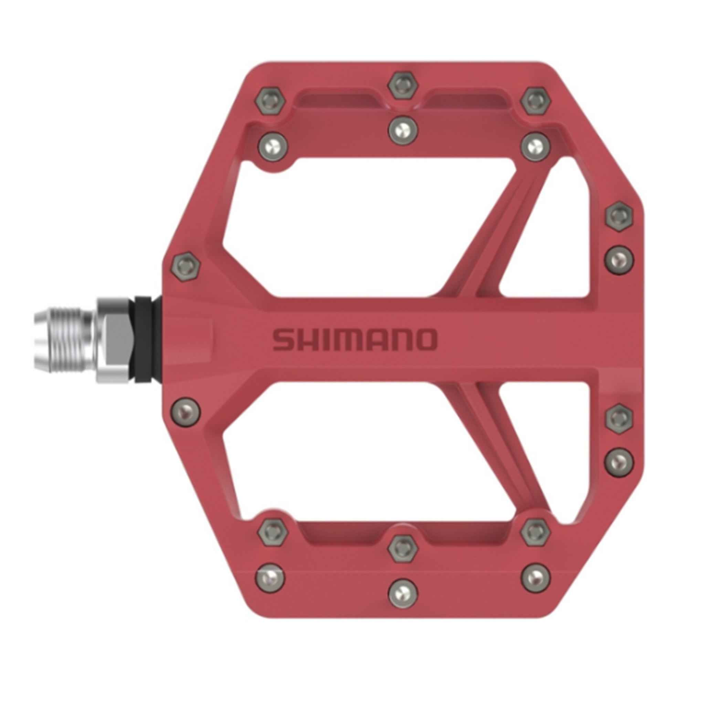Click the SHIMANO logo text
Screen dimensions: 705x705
pyautogui.click(x=355, y=340)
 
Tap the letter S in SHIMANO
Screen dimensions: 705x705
pyautogui.click(x=283, y=340)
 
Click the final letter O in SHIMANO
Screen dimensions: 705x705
pyautogui.click(x=425, y=340)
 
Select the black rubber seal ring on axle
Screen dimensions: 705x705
pyautogui.click(x=144, y=339)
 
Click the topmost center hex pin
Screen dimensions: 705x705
pyautogui.click(x=403, y=86)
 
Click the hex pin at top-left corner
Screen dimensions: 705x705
pyautogui.click(x=271, y=101)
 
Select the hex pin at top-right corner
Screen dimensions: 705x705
pyautogui.click(x=535, y=101)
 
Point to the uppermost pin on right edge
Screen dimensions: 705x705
pyautogui.click(x=619, y=216)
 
